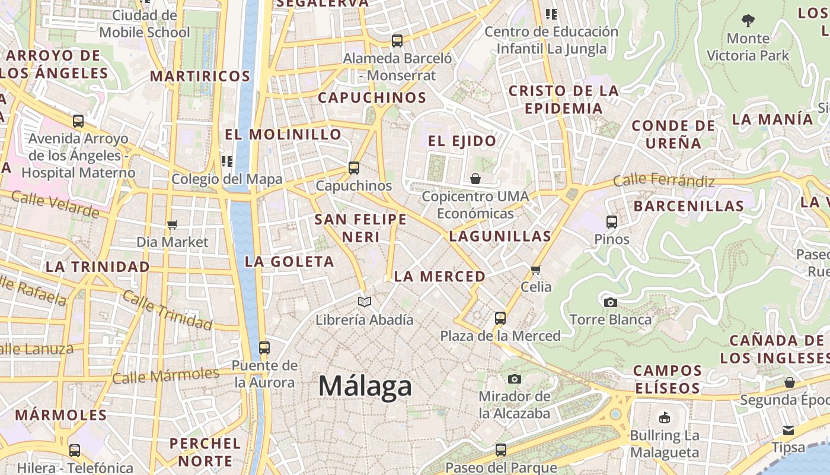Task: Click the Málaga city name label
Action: click(x=365, y=387)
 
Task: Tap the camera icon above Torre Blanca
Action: click(x=610, y=302)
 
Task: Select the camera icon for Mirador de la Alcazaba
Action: click(x=515, y=379)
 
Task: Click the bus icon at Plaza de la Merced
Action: click(x=500, y=318)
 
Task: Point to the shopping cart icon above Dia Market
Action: click(x=173, y=224)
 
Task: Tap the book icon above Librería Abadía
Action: click(x=365, y=302)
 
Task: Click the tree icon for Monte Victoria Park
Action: click(x=748, y=21)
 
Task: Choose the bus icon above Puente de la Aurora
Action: click(x=264, y=348)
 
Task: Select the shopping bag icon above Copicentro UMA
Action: click(x=475, y=179)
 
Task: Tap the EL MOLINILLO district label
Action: click(x=283, y=135)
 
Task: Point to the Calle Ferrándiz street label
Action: click(x=663, y=180)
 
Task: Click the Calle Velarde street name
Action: click(x=55, y=204)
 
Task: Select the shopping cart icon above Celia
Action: click(x=536, y=270)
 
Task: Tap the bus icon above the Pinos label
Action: click(x=612, y=222)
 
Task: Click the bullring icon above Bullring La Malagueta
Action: click(x=665, y=418)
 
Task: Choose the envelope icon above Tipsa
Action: click(x=788, y=430)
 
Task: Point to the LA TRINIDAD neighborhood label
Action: click(x=98, y=267)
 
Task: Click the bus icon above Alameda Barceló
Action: click(x=397, y=41)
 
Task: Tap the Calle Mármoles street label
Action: click(x=165, y=376)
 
